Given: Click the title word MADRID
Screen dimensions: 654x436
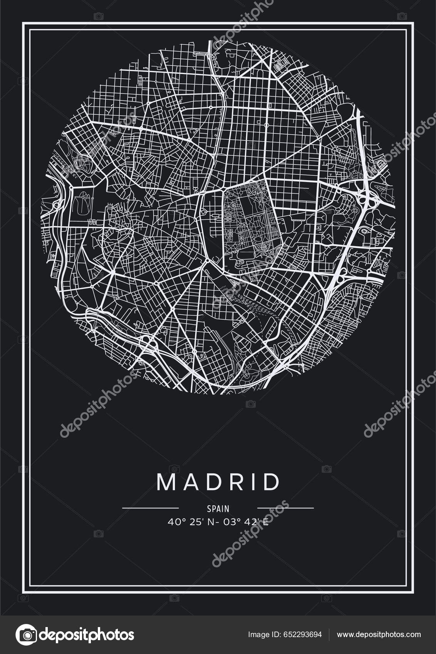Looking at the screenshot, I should coord(218,482).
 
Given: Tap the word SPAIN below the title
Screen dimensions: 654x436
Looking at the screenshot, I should coord(218,509).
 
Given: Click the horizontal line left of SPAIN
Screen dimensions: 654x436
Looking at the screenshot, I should coord(150,508).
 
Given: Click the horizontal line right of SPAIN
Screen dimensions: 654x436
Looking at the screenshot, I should coord(285,508).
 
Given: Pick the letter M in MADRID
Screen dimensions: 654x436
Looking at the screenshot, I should coord(166,482).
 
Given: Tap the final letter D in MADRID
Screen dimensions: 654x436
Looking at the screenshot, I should coord(273,482).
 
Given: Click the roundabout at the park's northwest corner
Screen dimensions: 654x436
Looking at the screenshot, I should coord(224,189).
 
